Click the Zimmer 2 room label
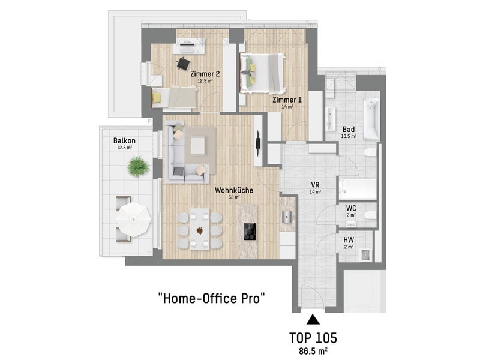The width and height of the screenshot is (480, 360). click(205, 74)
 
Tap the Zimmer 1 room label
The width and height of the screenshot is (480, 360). click(287, 100)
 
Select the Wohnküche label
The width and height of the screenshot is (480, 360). click(234, 190)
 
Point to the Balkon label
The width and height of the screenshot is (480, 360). click(124, 141)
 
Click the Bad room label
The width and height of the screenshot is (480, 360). click(349, 130)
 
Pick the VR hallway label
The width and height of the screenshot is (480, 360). click(316, 185)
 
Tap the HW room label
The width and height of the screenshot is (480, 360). click(349, 240)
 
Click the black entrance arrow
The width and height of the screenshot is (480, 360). click(313, 319)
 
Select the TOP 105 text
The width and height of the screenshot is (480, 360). click(313, 338)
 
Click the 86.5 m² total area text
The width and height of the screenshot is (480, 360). click(313, 351)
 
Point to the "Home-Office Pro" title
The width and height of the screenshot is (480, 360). click(211, 298)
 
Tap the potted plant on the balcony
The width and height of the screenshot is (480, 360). click(138, 167)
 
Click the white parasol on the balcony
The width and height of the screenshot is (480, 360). click(133, 219)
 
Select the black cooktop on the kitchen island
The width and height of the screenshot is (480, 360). click(250, 232)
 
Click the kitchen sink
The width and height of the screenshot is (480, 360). click(287, 217)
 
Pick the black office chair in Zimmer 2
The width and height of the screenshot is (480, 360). click(184, 64)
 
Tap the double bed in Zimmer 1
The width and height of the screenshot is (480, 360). click(263, 73)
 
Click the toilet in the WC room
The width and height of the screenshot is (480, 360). click(370, 215)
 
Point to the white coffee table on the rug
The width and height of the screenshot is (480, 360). click(198, 146)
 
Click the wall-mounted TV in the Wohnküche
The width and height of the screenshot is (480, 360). click(258, 143)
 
